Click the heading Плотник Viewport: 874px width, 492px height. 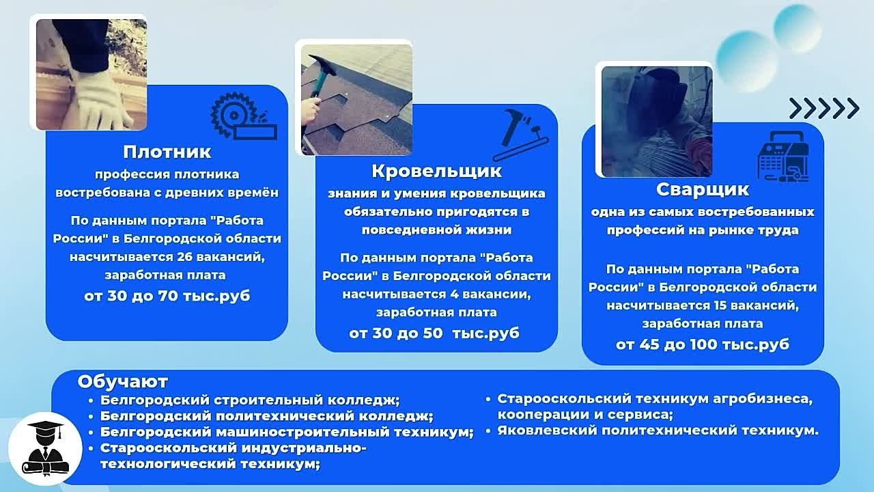coord(167,152)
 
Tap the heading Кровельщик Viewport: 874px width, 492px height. coord(436,171)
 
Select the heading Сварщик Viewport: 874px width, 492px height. coord(703,190)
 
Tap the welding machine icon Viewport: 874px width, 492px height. coord(783,156)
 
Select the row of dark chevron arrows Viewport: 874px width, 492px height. coord(824,108)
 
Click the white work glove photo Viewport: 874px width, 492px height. coord(91,74)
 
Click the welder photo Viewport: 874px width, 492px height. coord(657,122)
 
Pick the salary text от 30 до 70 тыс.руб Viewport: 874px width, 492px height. coord(167,296)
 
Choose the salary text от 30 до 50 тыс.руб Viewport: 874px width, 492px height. coord(434,333)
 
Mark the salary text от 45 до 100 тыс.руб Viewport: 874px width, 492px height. coord(703,344)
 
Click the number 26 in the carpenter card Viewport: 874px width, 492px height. coord(185,258)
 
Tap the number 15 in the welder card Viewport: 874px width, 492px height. coord(722,305)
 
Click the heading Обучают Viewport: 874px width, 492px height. coord(122,382)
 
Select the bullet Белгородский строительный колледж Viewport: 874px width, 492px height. coord(250,400)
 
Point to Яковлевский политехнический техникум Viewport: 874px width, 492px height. coord(658,430)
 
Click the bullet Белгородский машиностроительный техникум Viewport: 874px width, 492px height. coord(287,433)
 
